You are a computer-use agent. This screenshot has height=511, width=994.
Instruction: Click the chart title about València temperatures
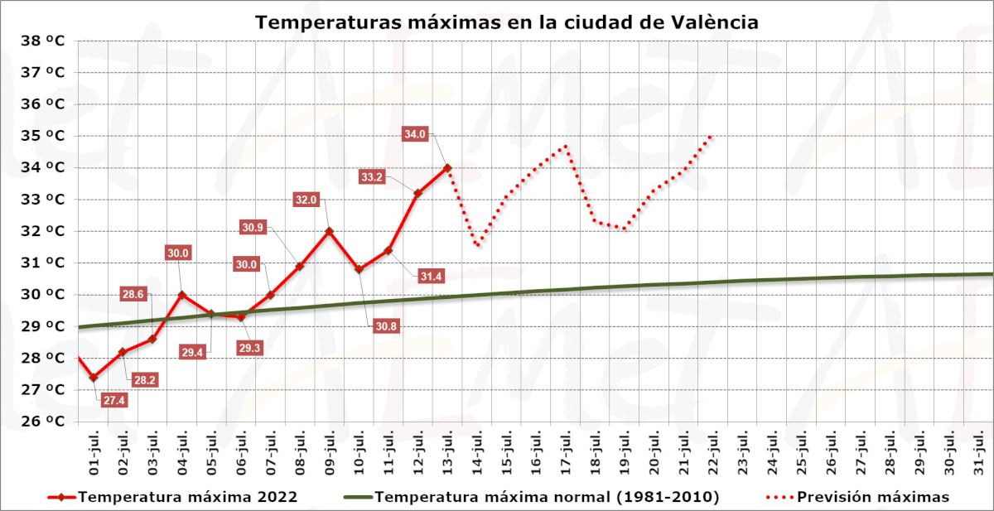point(506,22)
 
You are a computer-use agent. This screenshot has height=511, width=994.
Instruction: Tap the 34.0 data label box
point(415,133)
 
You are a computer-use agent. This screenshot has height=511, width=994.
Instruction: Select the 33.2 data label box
point(372,176)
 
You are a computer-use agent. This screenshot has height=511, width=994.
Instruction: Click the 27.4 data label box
point(114,400)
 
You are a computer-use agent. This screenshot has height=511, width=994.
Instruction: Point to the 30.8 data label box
point(386,326)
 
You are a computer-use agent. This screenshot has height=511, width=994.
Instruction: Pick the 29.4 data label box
point(192,352)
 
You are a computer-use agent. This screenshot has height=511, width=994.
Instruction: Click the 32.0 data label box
point(306,200)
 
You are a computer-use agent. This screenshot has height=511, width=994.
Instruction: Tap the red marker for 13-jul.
point(447,167)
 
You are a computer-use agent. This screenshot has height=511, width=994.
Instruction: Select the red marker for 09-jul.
point(329,231)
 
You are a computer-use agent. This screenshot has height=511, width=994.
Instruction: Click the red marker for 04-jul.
point(181,294)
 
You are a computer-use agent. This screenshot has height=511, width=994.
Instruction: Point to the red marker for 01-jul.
point(93,377)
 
